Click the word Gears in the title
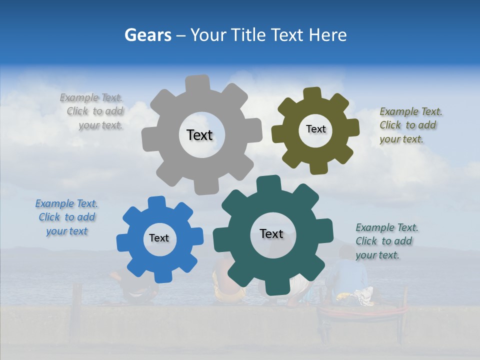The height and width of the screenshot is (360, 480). tap(148, 35)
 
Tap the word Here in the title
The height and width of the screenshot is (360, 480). tap(328, 35)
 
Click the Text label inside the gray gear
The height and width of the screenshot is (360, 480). tap(199, 135)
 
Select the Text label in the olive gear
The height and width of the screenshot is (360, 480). tap(315, 129)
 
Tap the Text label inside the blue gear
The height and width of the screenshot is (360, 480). tap(159, 238)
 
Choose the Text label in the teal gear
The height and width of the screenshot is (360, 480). tap(271, 233)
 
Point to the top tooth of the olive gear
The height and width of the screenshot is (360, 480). tap(312, 94)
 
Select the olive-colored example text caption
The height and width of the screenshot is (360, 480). tap(410, 125)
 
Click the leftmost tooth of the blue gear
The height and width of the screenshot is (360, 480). tap(123, 242)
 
